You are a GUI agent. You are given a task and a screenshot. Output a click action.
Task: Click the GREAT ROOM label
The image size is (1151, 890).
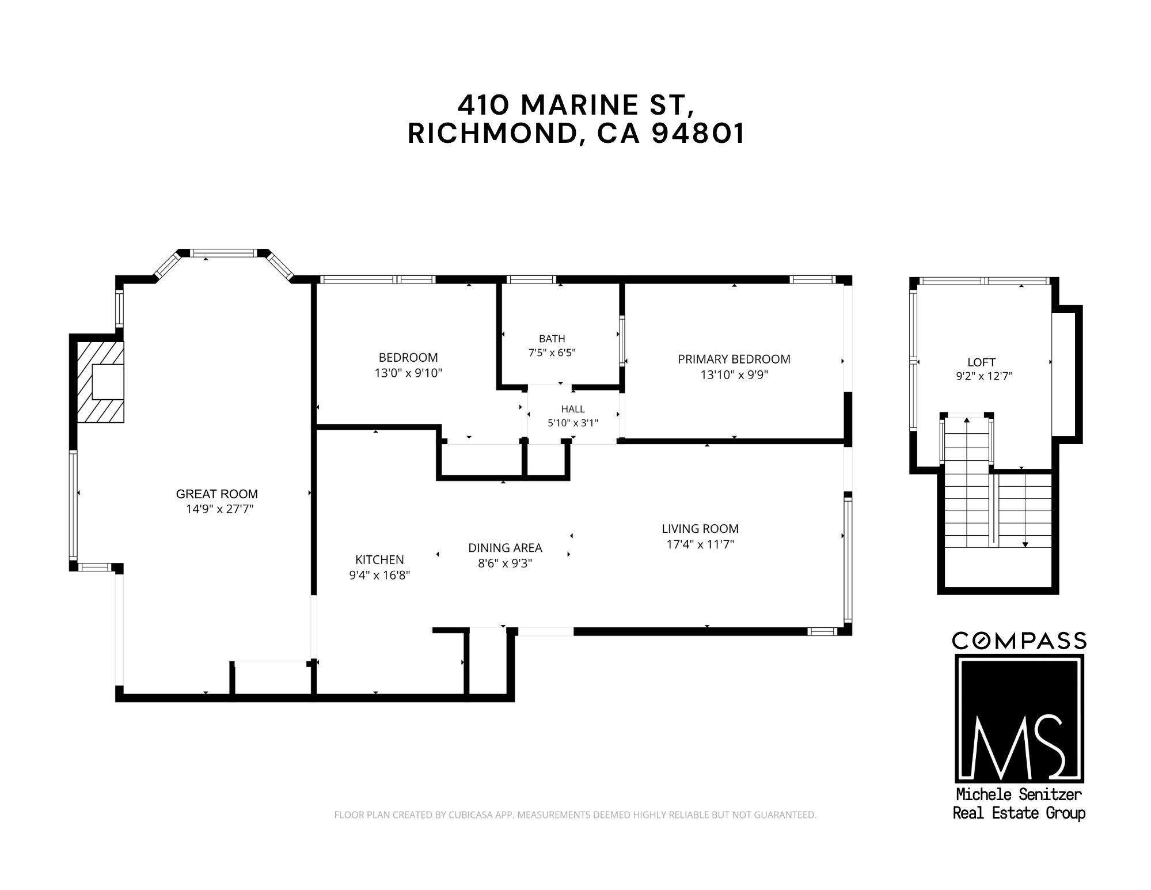pos(216,494)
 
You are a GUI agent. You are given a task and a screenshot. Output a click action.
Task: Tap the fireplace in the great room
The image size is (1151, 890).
pos(100,382)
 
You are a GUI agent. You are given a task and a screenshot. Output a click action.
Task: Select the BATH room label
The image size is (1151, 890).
pos(552,339)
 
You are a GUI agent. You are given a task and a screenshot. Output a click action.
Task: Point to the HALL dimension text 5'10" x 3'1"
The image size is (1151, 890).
pos(573,423)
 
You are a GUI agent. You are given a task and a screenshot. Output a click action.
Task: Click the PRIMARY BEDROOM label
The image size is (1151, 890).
pos(734,359)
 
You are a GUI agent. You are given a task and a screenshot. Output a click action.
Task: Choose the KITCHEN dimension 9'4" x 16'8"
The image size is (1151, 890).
pos(379,575)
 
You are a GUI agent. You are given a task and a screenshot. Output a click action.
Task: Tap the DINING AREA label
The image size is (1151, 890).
pos(505,548)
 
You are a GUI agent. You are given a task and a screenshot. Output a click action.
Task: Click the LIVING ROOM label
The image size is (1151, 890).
pos(700,529)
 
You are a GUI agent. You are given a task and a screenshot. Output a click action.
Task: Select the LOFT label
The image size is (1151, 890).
pos(982,362)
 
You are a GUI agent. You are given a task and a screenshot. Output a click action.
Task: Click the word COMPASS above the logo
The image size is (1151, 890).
pos(1019,641)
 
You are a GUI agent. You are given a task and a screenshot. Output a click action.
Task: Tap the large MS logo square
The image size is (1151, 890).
pos(1019,717)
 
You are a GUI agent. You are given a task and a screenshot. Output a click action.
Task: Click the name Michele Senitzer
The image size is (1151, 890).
pos(1019,794)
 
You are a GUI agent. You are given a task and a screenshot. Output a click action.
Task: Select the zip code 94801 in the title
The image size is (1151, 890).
pos(698,134)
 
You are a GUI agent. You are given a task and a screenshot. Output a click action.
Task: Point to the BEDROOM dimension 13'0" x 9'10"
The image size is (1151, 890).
pos(408,373)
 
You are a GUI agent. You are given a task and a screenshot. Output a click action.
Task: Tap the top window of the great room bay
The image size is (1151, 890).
pos(223,253)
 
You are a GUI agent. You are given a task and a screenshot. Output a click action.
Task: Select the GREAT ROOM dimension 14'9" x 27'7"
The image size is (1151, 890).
pos(219,509)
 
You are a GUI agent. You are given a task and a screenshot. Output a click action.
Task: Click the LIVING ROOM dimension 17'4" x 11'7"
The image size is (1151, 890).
pos(700,544)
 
